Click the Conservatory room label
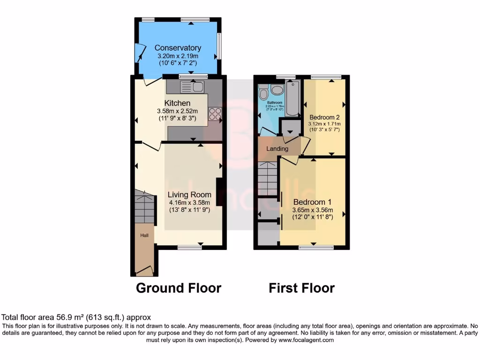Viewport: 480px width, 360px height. [178, 48]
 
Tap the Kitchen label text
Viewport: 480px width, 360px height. [177, 103]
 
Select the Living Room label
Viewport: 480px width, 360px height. [189, 195]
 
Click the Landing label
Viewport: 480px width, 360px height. [277, 149]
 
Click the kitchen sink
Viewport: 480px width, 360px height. [192, 86]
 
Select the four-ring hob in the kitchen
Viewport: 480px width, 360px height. [215, 114]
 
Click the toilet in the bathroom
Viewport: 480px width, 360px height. [263, 93]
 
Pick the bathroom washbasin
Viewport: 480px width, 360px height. [277, 90]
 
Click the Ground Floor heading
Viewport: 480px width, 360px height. [179, 288]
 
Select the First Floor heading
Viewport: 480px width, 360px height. [301, 288]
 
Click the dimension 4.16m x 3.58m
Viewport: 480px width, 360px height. [189, 202]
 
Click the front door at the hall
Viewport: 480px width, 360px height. [144, 270]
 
